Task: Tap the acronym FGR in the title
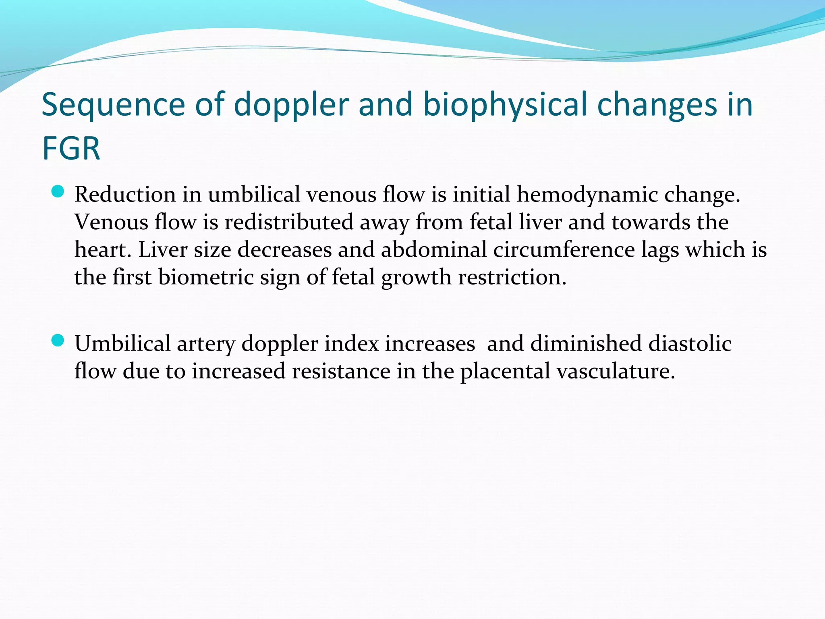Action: coord(71,148)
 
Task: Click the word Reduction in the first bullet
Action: coord(125,194)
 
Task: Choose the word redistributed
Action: coord(289,222)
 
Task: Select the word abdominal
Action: coord(433,249)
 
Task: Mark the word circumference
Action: coord(564,249)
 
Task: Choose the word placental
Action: coord(505,371)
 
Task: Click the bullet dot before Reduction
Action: coord(58,191)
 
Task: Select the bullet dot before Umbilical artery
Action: coord(58,341)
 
